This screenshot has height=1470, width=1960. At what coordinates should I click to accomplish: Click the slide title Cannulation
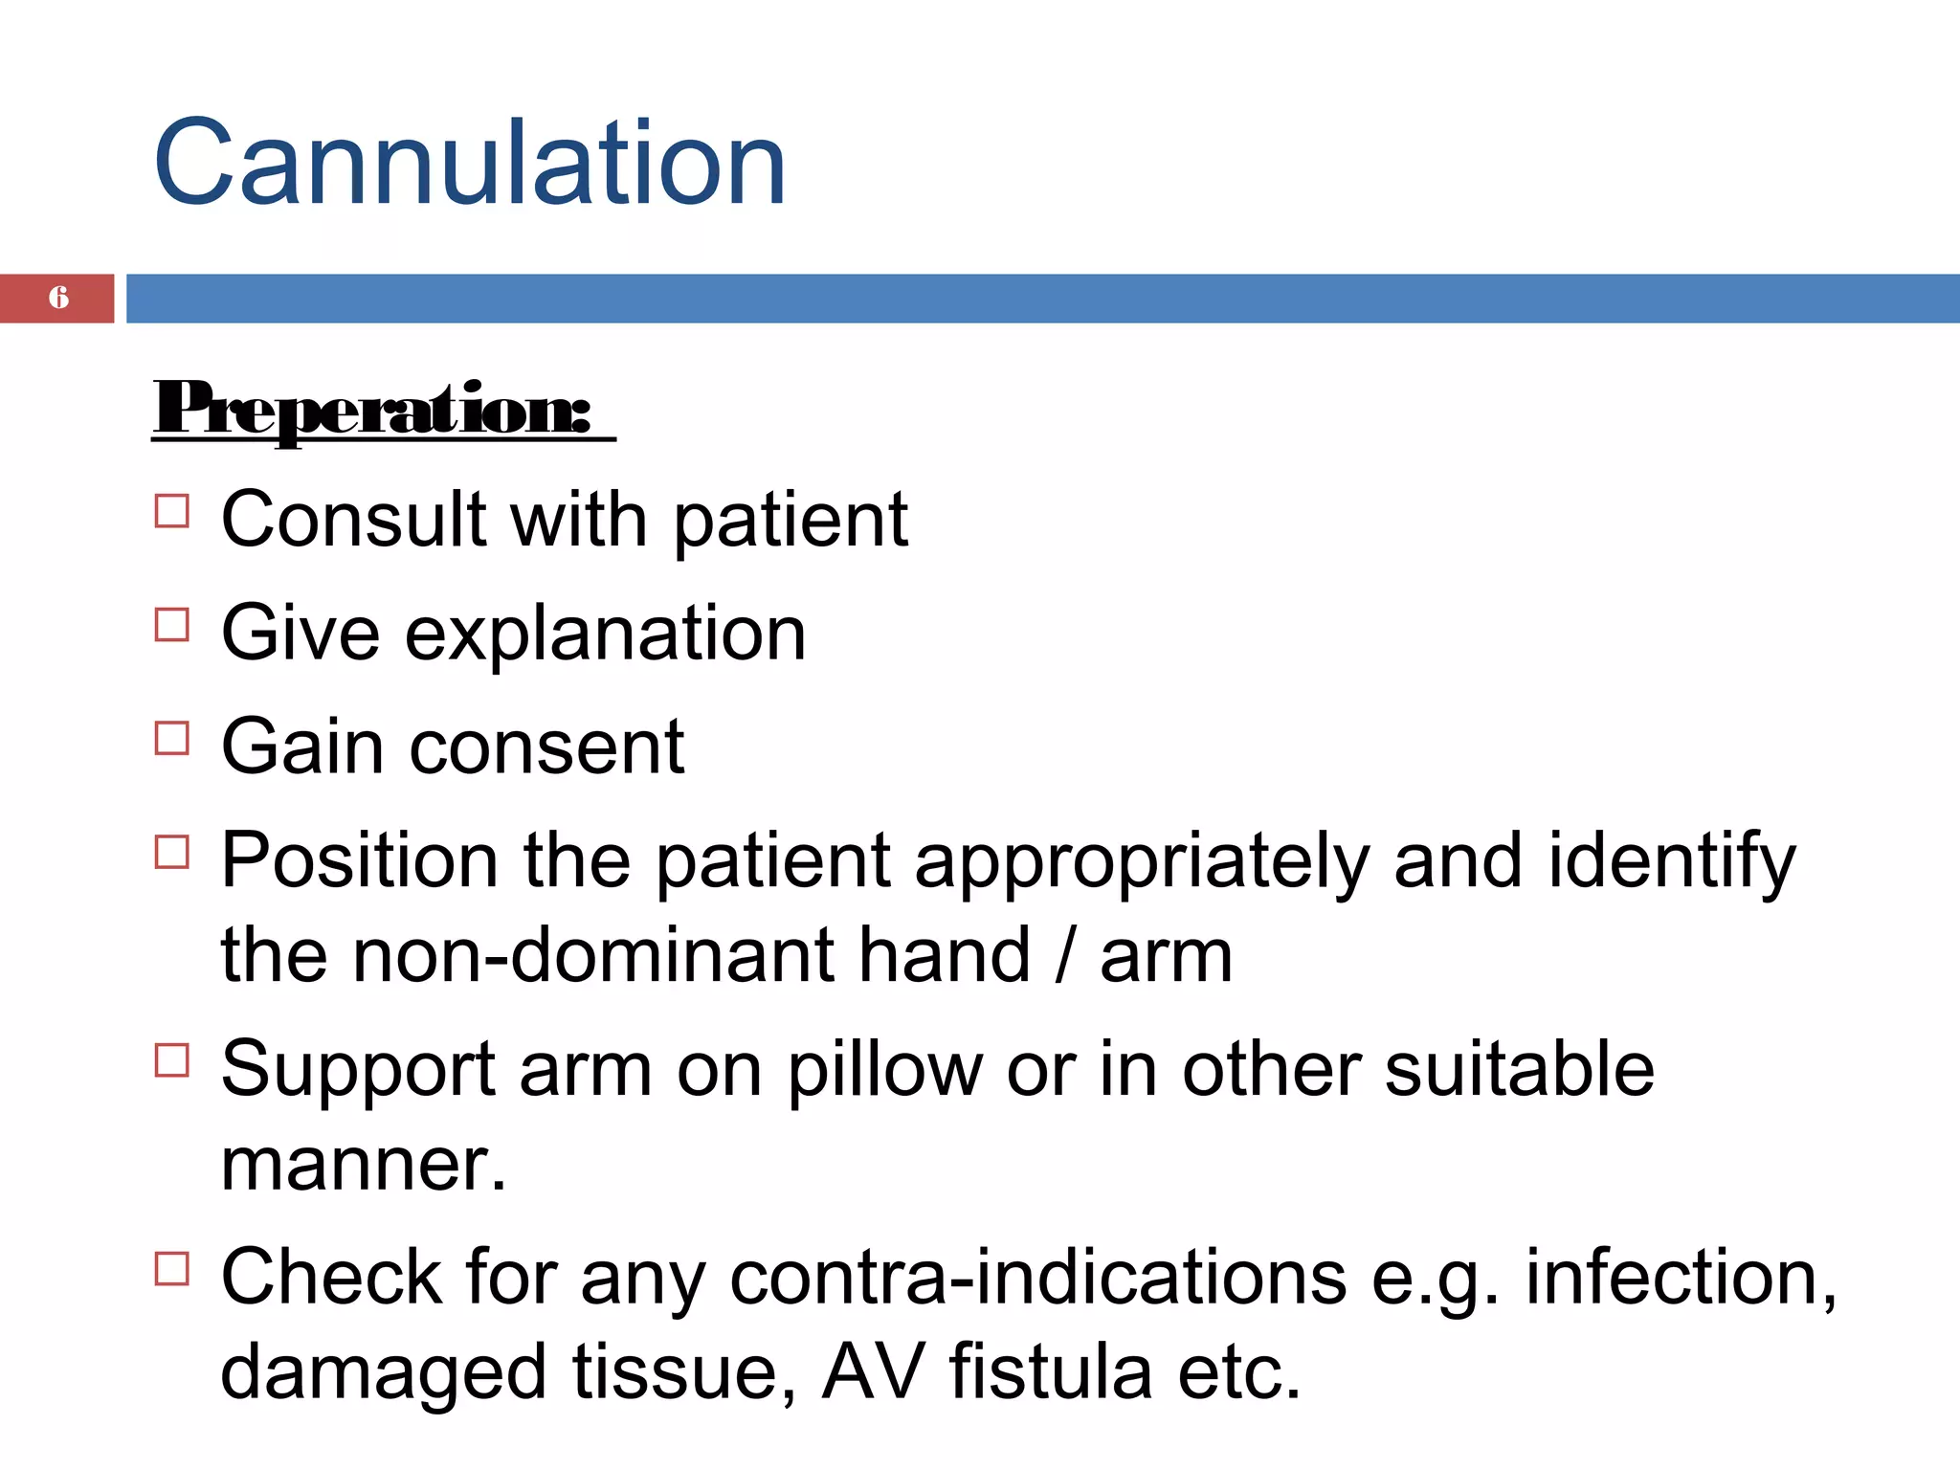click(469, 163)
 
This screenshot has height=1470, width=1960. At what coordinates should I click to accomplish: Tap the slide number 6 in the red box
click(58, 298)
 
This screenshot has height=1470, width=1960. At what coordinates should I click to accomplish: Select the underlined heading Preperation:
click(373, 410)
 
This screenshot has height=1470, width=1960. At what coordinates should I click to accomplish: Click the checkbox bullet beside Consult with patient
click(172, 511)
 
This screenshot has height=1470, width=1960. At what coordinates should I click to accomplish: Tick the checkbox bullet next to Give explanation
click(172, 625)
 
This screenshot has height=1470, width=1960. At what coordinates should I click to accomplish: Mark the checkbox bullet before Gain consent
click(172, 738)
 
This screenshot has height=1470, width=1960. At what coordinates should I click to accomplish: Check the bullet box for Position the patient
click(172, 851)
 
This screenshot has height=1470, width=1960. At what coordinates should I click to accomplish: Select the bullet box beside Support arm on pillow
click(172, 1060)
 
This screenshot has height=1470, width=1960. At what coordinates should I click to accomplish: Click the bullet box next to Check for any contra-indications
click(172, 1268)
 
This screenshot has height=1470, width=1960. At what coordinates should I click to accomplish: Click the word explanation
click(605, 635)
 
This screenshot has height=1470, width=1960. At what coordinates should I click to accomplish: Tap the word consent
click(546, 747)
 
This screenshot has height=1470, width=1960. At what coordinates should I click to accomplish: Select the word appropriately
click(1142, 861)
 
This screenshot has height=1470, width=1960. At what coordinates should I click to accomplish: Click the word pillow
click(884, 1070)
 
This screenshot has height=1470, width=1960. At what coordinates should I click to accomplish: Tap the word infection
click(1680, 1278)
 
